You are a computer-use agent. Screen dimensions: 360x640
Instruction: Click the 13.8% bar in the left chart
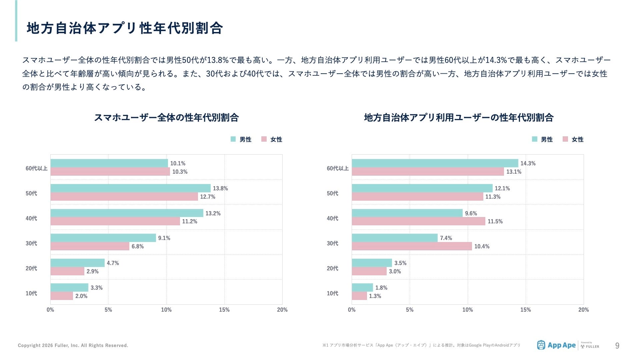coord(130,188)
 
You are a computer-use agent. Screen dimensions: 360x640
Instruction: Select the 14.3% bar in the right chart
coord(435,163)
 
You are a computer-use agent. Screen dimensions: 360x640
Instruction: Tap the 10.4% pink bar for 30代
coord(412,246)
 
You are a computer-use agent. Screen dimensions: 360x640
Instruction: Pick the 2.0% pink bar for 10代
coord(62,296)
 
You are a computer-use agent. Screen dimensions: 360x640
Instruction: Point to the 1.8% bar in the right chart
coord(362,288)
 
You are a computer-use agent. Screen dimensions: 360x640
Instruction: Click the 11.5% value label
coord(495,221)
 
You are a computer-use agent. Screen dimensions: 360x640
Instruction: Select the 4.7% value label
coord(113,263)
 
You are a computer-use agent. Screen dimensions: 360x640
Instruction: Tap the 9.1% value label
coord(164,238)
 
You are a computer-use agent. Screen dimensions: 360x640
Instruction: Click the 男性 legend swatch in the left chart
coord(233,139)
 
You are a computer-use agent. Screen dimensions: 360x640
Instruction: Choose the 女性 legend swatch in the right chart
coord(565,139)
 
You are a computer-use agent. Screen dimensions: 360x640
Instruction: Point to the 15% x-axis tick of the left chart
coord(224,310)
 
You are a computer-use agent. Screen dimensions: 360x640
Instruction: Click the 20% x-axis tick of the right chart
coord(583,310)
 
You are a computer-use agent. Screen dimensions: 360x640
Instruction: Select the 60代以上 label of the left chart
coord(36,168)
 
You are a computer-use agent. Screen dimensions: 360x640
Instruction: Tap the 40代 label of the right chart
coord(332,218)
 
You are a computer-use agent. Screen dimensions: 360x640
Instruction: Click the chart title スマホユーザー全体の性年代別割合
coord(166,118)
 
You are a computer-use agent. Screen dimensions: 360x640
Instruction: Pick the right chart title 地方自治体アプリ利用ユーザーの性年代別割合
coord(459,118)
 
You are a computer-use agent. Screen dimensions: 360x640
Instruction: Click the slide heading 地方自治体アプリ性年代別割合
coord(125,28)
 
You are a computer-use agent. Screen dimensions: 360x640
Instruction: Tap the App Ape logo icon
coord(541,345)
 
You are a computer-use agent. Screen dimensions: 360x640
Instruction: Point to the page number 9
coord(617,346)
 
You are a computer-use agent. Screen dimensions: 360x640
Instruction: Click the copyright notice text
coord(73,345)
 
